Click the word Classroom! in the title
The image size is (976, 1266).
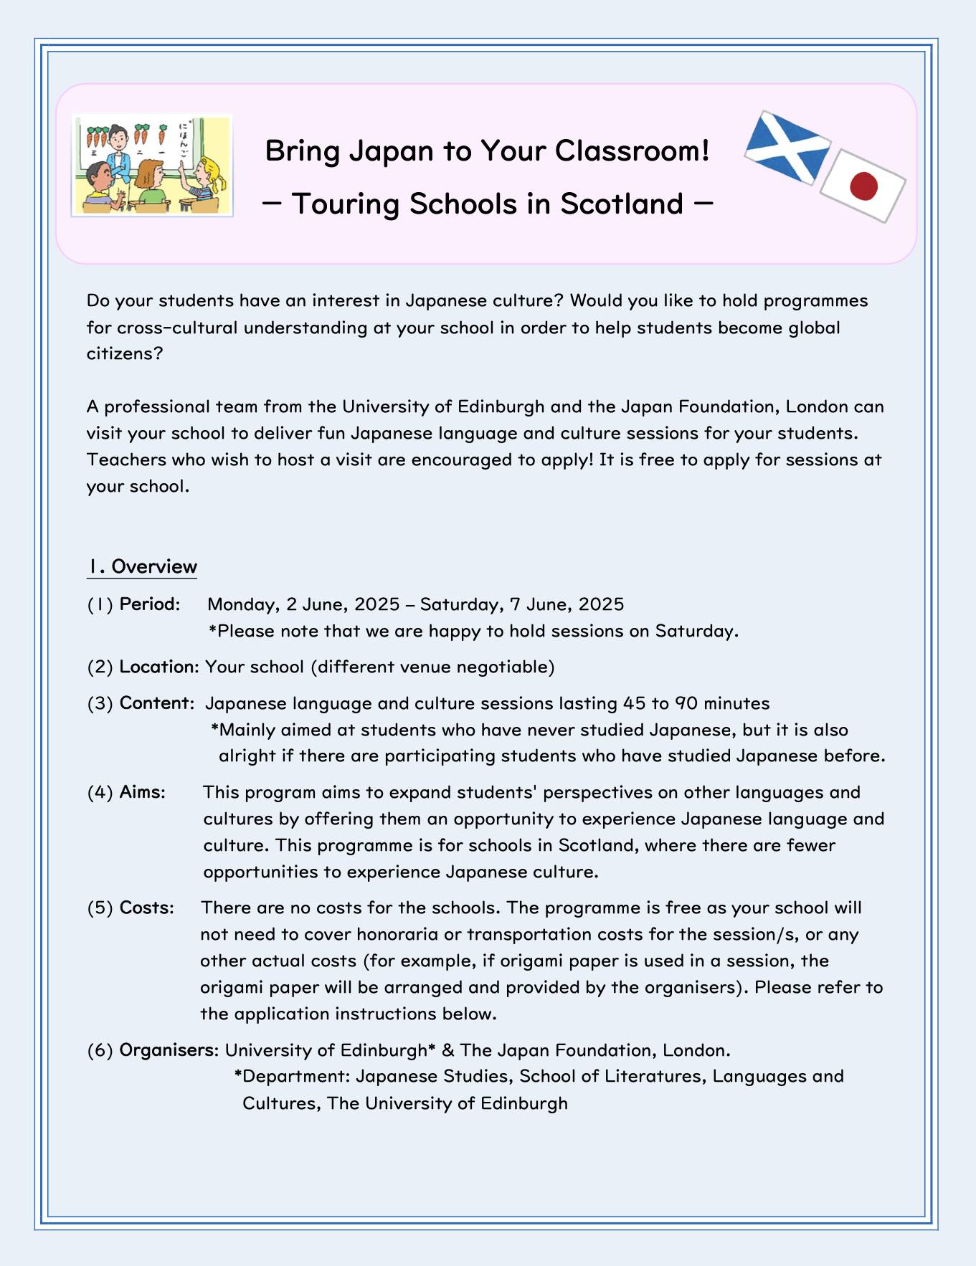pos(632,151)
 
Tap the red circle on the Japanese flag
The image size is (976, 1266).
pos(863,186)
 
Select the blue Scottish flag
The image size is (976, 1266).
pos(787,146)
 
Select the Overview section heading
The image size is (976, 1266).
pos(142,567)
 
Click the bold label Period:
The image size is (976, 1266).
pos(149,604)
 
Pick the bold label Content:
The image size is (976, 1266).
pos(156,703)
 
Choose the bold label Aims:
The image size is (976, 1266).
pos(142,792)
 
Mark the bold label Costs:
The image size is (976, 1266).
pos(146,908)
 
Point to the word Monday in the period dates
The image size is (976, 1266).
pos(241,604)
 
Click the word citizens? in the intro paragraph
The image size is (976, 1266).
pos(125,354)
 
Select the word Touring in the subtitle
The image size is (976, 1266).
pos(346,204)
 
